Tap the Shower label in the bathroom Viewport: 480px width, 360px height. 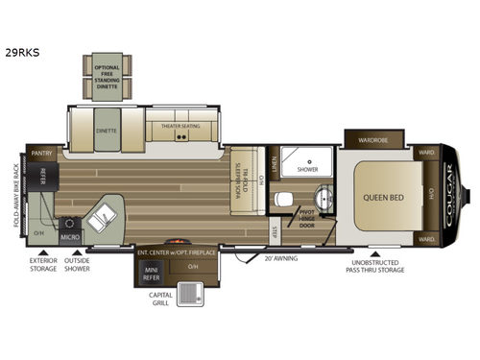pyautogui.click(x=307, y=168)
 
